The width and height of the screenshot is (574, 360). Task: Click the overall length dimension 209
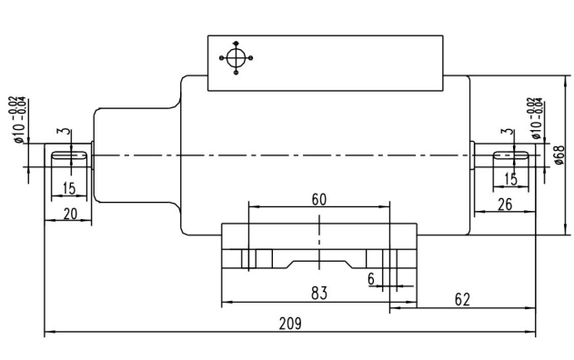[290, 324]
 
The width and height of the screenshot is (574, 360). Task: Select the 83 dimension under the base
[319, 294]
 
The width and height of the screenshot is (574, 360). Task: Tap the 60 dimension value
[319, 200]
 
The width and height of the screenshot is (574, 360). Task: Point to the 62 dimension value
[462, 300]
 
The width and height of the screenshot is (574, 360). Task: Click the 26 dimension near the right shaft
[505, 205]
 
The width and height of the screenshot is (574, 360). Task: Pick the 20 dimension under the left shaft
[70, 214]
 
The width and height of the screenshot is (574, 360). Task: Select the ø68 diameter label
[559, 155]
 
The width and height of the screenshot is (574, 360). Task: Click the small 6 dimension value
[371, 279]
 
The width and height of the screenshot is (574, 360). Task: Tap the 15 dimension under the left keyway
[69, 188]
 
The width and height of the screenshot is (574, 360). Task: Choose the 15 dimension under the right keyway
[510, 179]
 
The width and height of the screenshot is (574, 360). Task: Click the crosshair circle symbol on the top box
[236, 58]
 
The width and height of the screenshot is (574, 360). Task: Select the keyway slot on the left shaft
[69, 156]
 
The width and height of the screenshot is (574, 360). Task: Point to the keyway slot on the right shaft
[511, 155]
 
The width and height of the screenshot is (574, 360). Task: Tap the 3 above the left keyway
[65, 131]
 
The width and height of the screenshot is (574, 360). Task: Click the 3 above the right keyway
[508, 132]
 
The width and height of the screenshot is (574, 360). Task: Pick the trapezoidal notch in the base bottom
[319, 265]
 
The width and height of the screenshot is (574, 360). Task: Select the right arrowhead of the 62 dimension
[530, 308]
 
